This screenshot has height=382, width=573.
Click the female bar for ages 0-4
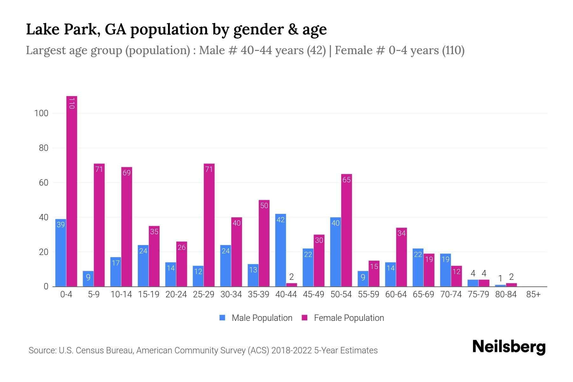[72, 191]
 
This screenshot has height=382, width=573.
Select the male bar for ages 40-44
[280, 250]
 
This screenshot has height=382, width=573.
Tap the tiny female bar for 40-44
[291, 285]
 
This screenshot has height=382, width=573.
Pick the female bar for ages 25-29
[209, 225]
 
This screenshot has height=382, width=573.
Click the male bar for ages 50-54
[336, 251]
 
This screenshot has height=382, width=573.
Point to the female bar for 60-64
[401, 257]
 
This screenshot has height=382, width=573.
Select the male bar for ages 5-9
[88, 279]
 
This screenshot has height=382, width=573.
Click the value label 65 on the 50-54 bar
[346, 180]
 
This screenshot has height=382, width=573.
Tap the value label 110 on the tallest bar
[72, 103]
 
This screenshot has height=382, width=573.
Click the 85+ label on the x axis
[533, 294]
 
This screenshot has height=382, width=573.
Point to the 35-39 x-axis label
[258, 294]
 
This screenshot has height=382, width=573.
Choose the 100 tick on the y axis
[41, 113]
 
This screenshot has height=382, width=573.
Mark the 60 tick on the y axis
[43, 183]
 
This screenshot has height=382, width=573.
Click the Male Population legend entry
[256, 318]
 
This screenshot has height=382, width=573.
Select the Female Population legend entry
[343, 318]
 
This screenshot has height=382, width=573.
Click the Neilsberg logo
[509, 347]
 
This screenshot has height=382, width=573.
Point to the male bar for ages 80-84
[500, 286]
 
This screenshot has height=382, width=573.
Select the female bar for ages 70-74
[456, 276]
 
